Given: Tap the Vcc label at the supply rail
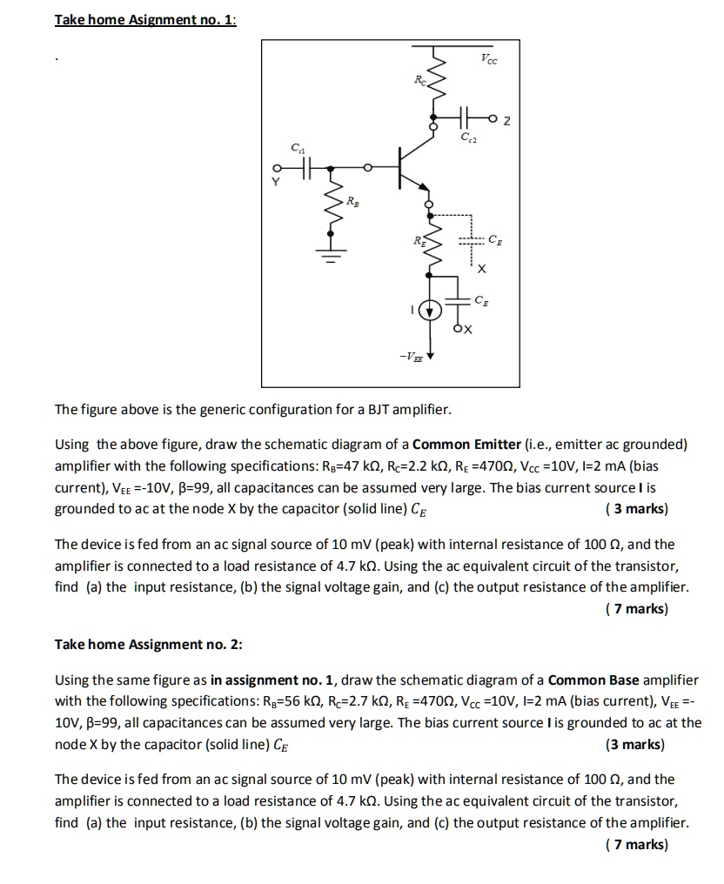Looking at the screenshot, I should coord(490,59).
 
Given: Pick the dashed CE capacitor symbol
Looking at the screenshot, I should coord(471,241).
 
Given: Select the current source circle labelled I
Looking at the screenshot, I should coord(428,310).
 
